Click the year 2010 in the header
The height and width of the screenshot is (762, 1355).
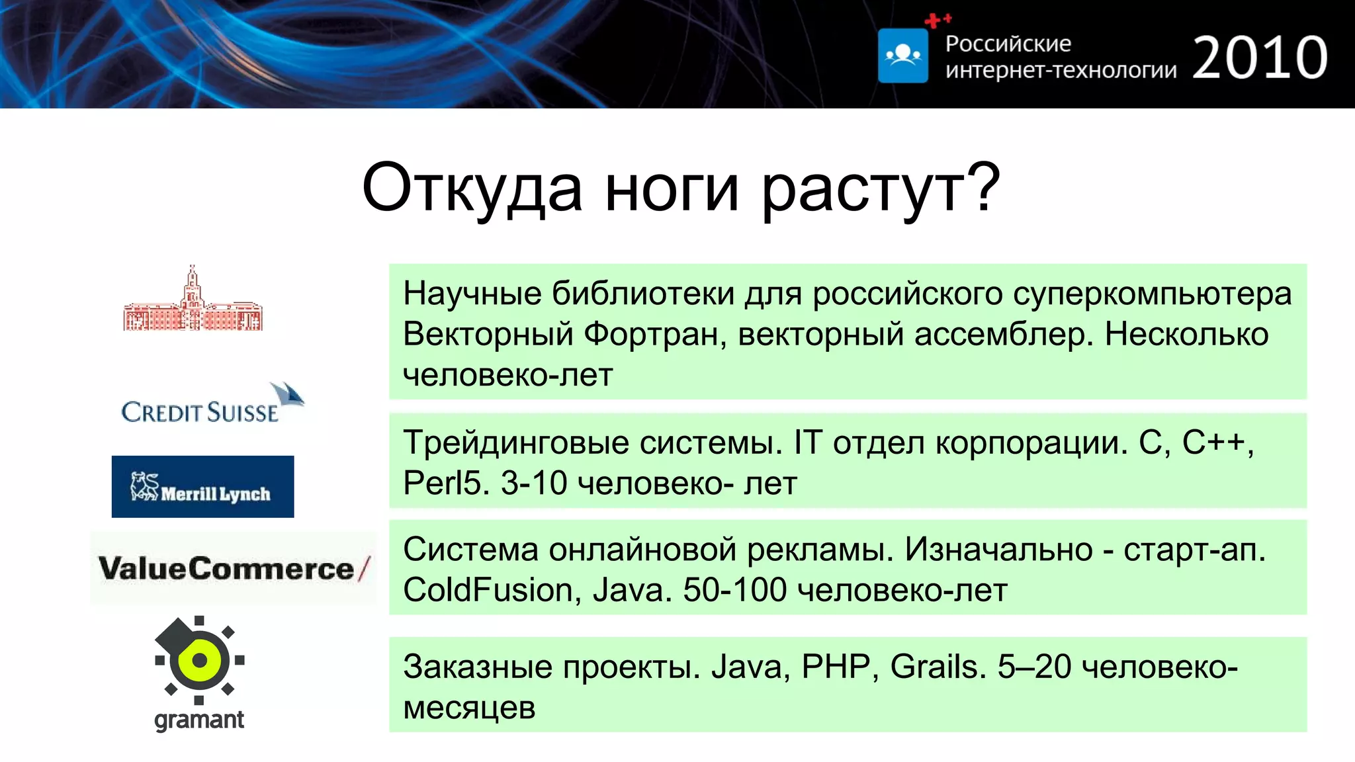coord(1260,58)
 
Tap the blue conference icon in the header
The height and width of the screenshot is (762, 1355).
coord(902,56)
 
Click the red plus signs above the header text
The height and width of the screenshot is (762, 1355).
coord(938,20)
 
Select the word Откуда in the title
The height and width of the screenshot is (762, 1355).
coord(472,189)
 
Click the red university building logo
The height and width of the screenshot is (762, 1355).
coord(193,301)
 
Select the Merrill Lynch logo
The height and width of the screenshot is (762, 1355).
coord(202,486)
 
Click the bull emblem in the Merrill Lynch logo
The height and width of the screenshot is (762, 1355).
coord(145,486)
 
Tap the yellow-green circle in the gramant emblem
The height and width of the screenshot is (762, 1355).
coord(199,659)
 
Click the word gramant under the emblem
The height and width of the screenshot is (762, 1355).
coord(198,719)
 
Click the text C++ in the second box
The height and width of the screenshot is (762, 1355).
coord(1213,442)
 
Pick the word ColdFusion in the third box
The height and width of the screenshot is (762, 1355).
coord(488,590)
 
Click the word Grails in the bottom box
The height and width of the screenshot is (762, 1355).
coord(934,666)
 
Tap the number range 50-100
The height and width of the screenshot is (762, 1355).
coord(734,590)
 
